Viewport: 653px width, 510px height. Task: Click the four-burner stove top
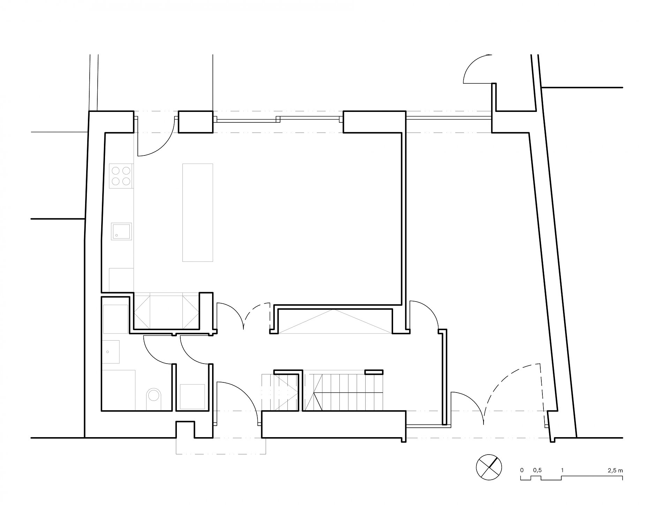pos(121,176)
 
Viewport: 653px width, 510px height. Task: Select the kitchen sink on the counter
pos(121,231)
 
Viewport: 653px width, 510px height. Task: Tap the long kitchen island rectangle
pos(198,212)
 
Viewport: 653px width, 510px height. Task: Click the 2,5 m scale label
pos(615,470)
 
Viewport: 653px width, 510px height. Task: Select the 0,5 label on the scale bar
pos(537,470)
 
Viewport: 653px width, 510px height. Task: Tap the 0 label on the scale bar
pos(522,470)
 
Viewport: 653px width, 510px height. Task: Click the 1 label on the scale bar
pos(562,470)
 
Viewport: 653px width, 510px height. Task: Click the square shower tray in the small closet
pos(193,396)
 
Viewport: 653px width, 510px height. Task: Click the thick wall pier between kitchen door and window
pos(195,122)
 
